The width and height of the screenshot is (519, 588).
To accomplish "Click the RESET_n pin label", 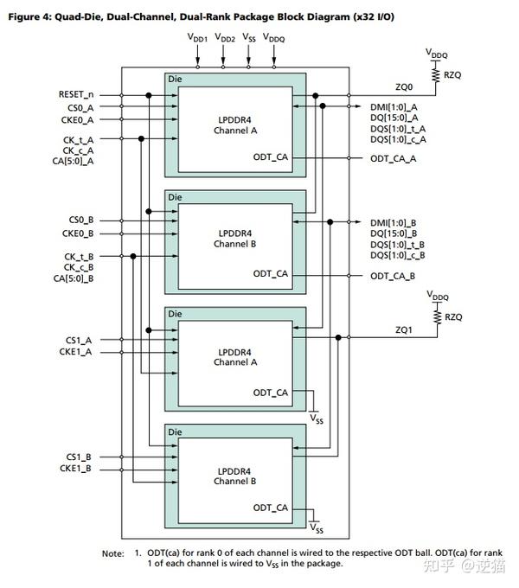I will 76,93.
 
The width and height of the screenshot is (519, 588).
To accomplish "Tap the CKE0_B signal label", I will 77,234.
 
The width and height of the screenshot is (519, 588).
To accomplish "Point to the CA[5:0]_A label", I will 73,161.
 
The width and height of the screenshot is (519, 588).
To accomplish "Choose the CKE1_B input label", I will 77,470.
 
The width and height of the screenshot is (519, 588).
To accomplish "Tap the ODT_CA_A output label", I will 394,158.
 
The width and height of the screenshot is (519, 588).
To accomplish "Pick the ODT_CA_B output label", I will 394,276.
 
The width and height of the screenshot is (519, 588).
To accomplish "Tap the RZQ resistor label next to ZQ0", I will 454,75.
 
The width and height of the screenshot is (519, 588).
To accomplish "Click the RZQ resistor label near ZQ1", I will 454,317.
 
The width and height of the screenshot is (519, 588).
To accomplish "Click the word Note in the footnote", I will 114,553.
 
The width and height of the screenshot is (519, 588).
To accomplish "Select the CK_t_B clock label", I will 78,257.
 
